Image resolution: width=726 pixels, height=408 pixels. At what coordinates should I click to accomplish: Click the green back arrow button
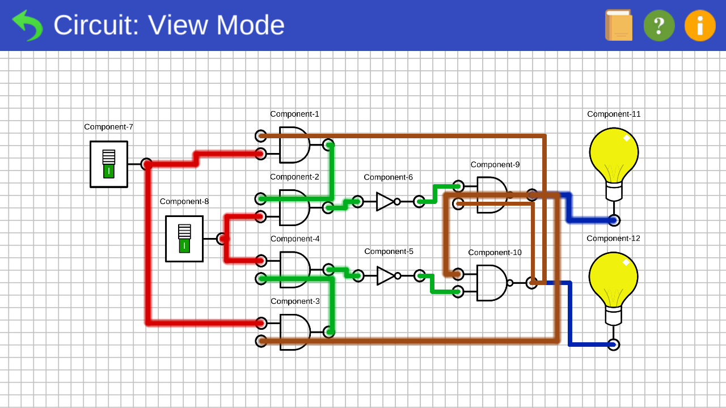pos(27,25)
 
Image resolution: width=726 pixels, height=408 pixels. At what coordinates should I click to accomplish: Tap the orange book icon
pos(619,25)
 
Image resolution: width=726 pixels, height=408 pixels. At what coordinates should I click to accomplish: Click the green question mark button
pos(659,25)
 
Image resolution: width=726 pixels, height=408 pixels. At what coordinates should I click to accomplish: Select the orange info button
pos(700,25)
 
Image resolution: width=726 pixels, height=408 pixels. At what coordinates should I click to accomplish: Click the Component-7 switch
pos(109,164)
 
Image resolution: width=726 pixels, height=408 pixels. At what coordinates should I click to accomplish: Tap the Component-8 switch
pos(184,239)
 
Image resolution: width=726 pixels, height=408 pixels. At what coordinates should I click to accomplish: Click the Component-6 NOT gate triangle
pos(385,201)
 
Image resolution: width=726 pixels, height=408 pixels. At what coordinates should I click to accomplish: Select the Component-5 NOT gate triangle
pos(385,276)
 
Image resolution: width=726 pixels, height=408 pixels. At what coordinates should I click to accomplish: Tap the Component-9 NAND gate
pos(491,195)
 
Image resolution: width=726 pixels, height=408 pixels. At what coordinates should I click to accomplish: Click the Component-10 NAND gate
pos(491,283)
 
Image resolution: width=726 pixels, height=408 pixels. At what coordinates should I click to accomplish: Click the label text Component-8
pos(184,202)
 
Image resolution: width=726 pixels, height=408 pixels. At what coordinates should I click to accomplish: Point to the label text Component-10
pos(495,253)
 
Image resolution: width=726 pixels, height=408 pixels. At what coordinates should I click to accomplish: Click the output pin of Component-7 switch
pos(146,164)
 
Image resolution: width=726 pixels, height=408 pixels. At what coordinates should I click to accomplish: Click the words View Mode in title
pos(216,25)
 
